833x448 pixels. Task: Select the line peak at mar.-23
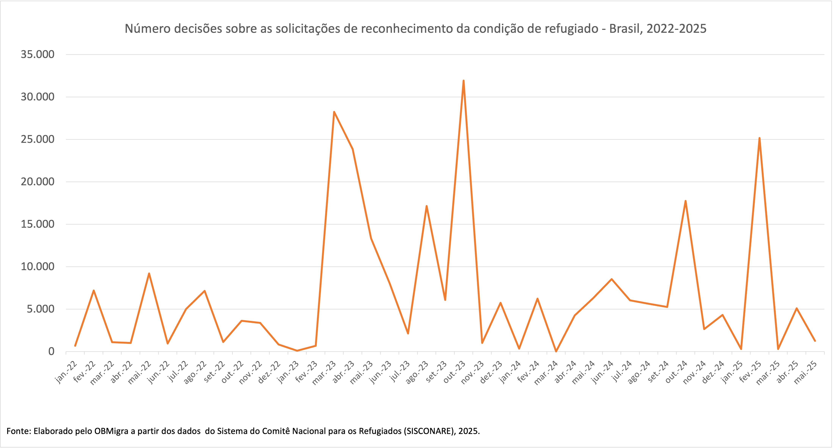[x=334, y=112]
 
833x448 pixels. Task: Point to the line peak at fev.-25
[x=759, y=138]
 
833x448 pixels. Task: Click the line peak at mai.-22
[x=149, y=274]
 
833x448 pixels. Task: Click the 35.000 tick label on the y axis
[x=38, y=54]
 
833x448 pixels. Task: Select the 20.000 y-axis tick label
[x=38, y=182]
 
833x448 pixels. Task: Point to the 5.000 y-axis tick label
[x=40, y=309]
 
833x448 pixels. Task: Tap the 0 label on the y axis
[x=51, y=351]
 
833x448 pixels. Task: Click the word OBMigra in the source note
[x=111, y=431]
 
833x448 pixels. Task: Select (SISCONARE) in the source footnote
[x=429, y=431]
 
